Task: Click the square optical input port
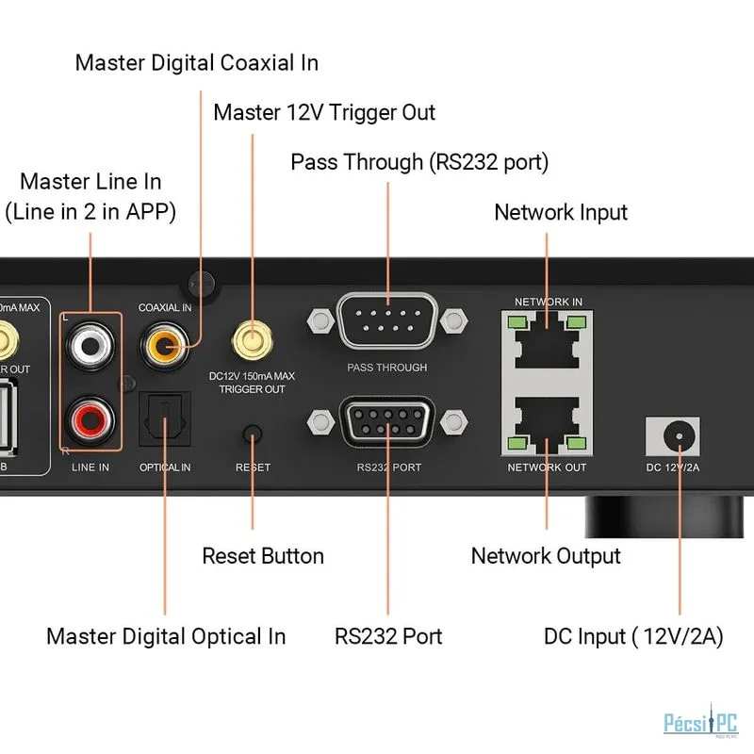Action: (x=165, y=418)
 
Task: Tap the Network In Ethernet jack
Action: (x=548, y=342)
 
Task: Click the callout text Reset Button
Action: (x=263, y=556)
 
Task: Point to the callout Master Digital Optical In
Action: (x=166, y=636)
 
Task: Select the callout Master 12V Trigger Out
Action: (x=324, y=113)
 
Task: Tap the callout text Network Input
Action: (x=561, y=212)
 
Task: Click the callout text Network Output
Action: (x=546, y=556)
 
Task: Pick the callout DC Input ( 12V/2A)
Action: (x=633, y=636)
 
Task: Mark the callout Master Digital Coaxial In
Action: (x=197, y=63)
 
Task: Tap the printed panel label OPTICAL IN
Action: (x=165, y=467)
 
